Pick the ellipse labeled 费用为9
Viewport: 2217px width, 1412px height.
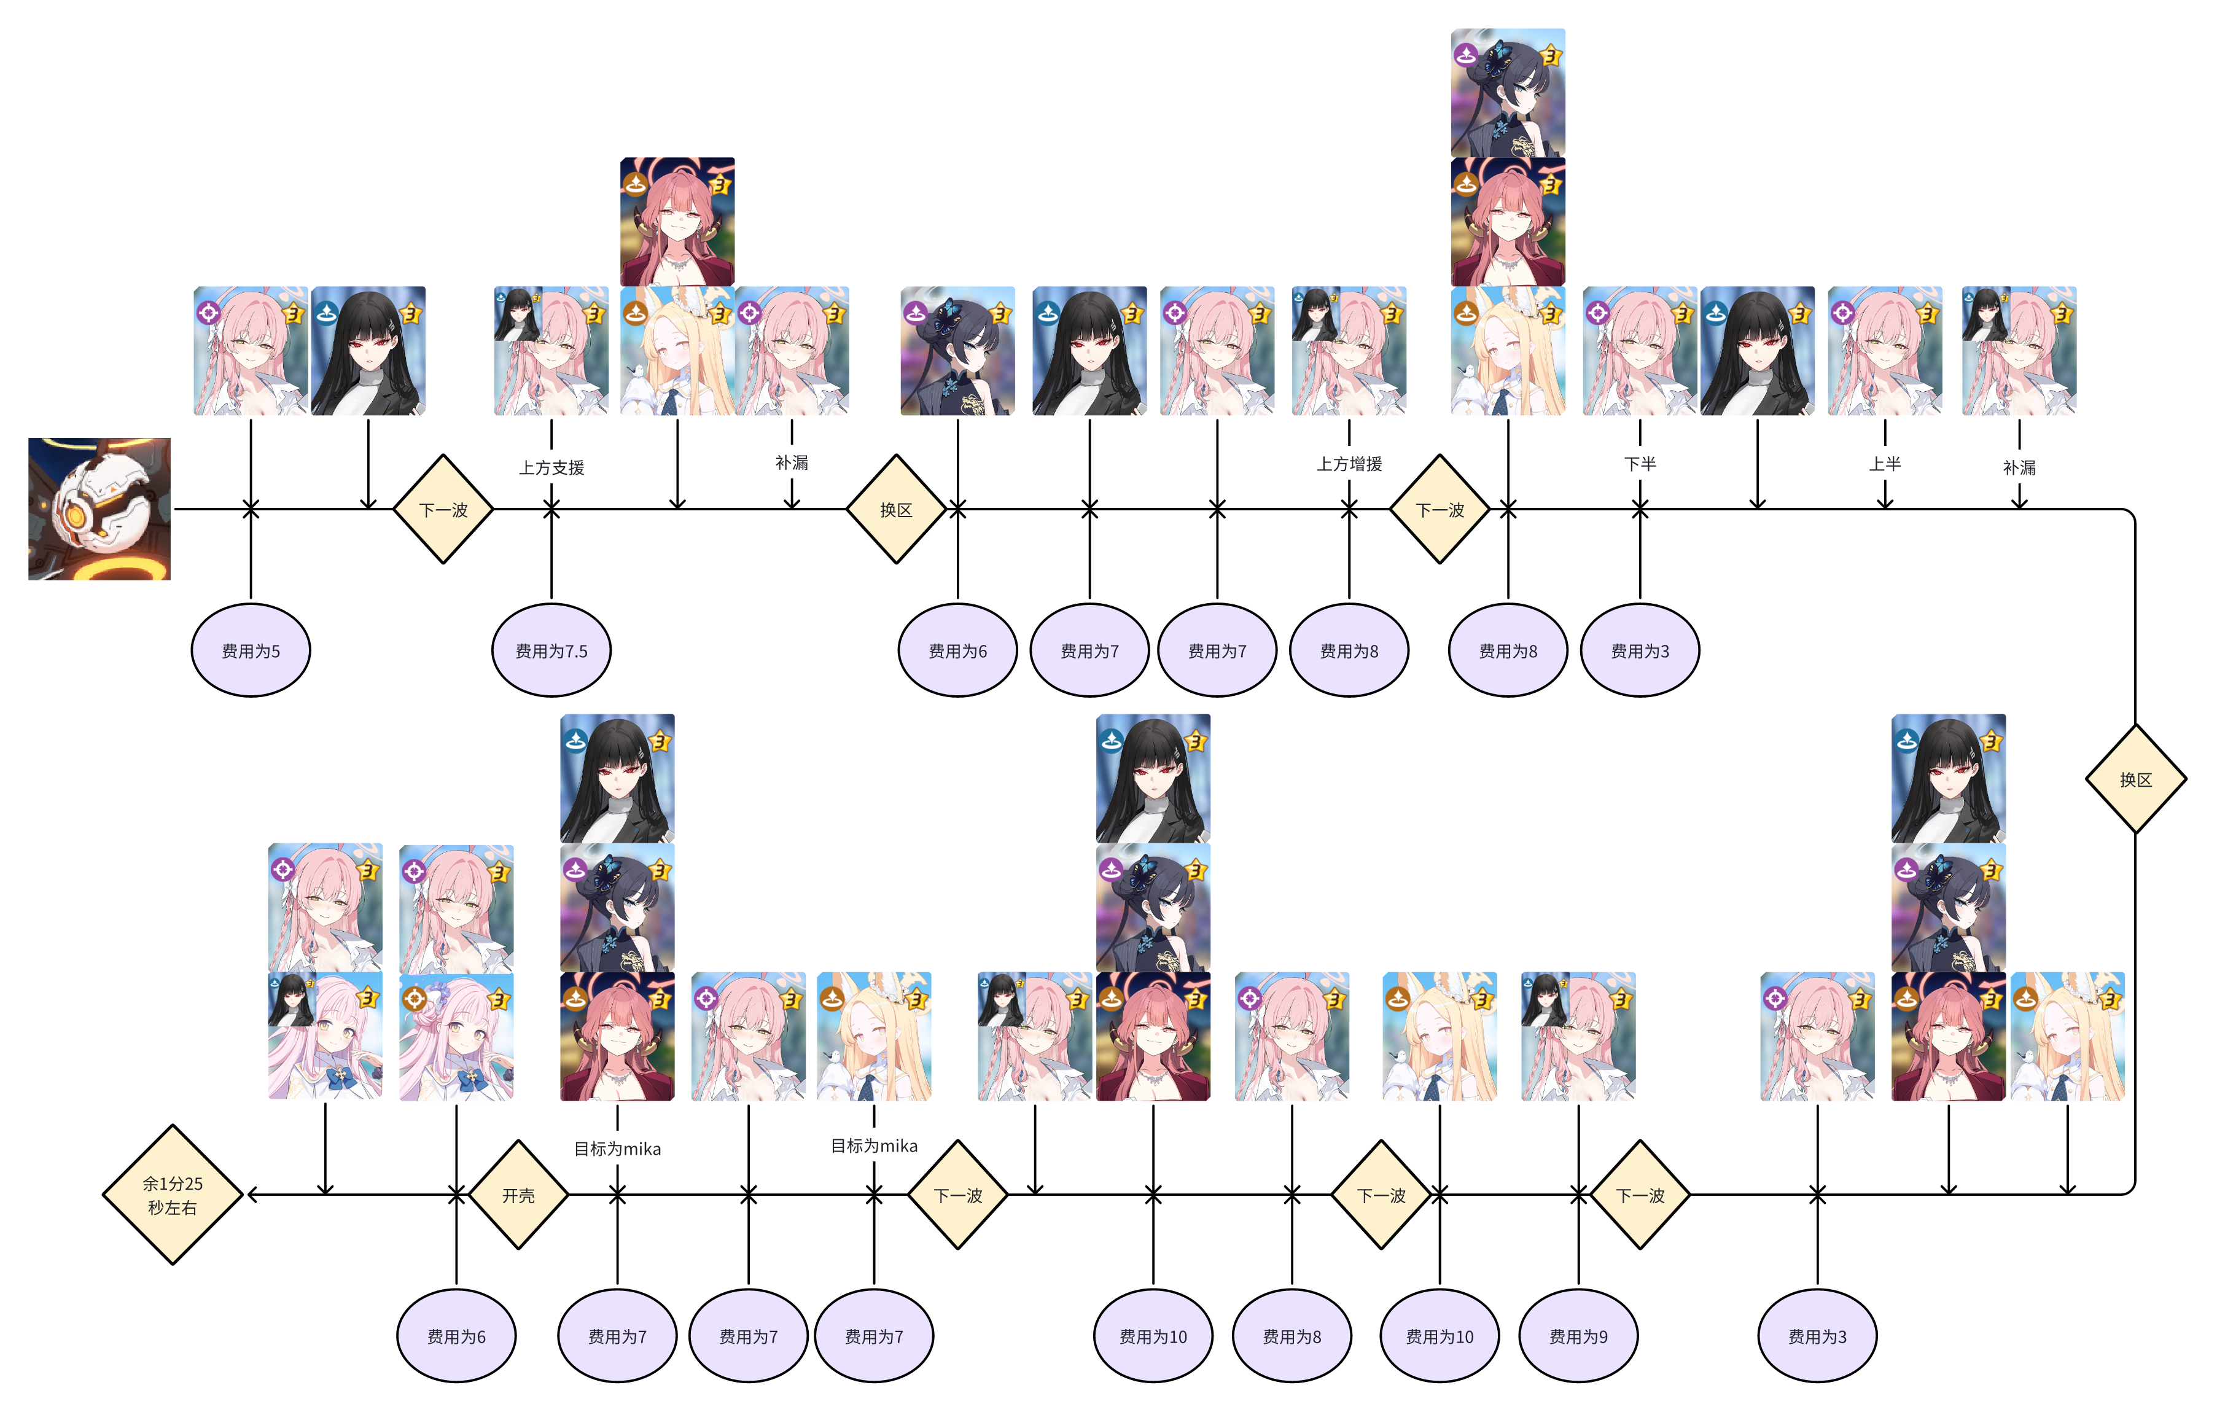pyautogui.click(x=1578, y=1336)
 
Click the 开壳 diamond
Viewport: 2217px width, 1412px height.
pyautogui.click(x=518, y=1195)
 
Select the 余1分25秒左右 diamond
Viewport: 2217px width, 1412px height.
pyautogui.click(x=172, y=1195)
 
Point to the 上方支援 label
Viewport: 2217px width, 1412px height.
pyautogui.click(x=551, y=467)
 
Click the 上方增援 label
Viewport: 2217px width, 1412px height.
pyautogui.click(x=1349, y=464)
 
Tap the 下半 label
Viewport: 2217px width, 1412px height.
pyautogui.click(x=1640, y=464)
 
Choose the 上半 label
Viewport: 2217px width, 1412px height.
pyautogui.click(x=1885, y=464)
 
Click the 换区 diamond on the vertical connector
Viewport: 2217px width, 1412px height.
pyautogui.click(x=2135, y=779)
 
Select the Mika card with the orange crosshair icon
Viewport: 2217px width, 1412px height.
pyautogui.click(x=457, y=1037)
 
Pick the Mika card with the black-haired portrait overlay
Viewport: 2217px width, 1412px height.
pyautogui.click(x=325, y=1037)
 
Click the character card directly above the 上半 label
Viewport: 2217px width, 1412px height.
pyautogui.click(x=1885, y=351)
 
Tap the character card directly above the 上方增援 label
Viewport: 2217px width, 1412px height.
pyautogui.click(x=1349, y=351)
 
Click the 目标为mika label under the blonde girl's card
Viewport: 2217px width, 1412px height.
pyautogui.click(x=874, y=1146)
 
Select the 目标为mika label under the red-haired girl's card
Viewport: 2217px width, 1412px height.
pyautogui.click(x=617, y=1149)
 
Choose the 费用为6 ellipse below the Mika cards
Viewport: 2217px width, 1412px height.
pyautogui.click(x=457, y=1336)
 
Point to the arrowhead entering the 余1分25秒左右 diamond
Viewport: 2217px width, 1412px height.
pyautogui.click(x=251, y=1195)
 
